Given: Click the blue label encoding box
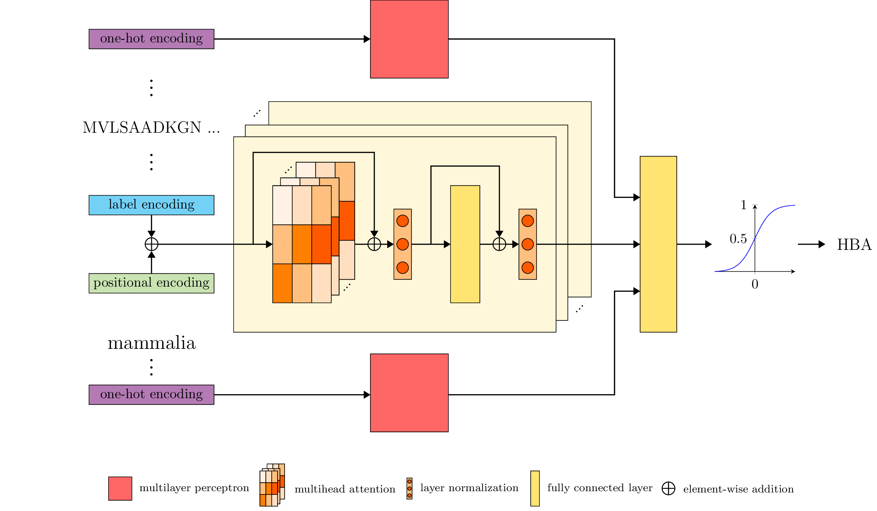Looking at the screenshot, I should [151, 205].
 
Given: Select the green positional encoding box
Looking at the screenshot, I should [151, 283].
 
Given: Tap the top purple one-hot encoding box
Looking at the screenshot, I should [151, 39].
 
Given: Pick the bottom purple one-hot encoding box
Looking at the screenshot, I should [151, 395].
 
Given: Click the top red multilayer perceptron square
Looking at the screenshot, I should [409, 39].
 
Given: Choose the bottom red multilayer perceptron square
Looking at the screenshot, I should [409, 393].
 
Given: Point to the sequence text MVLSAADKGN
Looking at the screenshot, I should [142, 128].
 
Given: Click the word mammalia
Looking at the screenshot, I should [151, 343].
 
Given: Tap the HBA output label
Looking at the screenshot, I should [854, 244].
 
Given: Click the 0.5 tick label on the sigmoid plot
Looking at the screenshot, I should [738, 239].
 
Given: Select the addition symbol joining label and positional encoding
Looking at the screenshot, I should [151, 244].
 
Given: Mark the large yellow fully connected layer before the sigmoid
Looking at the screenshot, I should [658, 244].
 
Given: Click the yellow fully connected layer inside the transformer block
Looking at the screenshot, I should [465, 244].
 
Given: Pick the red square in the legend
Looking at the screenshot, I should [120, 489].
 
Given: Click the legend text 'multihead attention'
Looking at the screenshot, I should [345, 489].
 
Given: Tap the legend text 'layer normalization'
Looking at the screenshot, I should [469, 488].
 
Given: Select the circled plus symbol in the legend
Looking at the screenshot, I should [668, 488].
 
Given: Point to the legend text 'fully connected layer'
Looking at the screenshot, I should [600, 488].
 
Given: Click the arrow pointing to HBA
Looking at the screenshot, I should [811, 244].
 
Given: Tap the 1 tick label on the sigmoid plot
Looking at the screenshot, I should [743, 205].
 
